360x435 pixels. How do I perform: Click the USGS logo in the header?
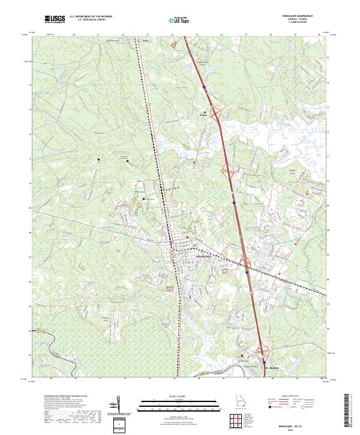pos(55,20)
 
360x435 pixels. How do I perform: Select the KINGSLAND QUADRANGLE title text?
pos(305,16)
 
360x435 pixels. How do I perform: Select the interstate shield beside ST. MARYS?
pos(264,361)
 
